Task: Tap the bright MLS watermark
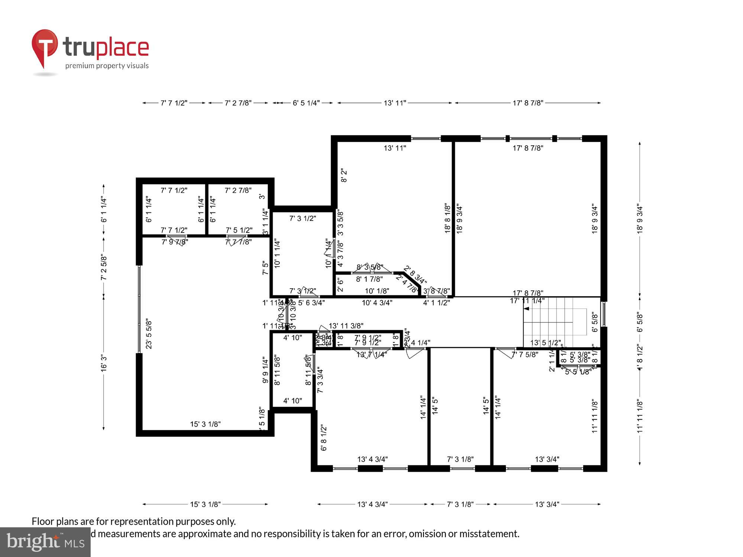[x=45, y=542]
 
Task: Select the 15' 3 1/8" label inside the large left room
[x=205, y=424]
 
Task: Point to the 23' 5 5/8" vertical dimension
[x=149, y=333]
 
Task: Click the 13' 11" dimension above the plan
[x=395, y=103]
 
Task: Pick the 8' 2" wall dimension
[x=344, y=176]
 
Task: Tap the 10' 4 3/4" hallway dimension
[x=377, y=303]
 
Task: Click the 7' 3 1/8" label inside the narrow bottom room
[x=460, y=459]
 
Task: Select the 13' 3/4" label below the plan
[x=547, y=504]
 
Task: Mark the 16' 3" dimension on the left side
[x=104, y=363]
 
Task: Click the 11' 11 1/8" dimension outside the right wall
[x=639, y=416]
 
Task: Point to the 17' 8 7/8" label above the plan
[x=528, y=103]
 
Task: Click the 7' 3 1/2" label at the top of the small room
[x=302, y=218]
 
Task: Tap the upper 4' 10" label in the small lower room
[x=292, y=338]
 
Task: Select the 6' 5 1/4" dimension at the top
[x=306, y=103]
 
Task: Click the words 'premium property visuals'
[x=107, y=66]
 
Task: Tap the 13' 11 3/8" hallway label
[x=346, y=326]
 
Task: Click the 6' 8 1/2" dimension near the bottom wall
[x=324, y=438]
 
